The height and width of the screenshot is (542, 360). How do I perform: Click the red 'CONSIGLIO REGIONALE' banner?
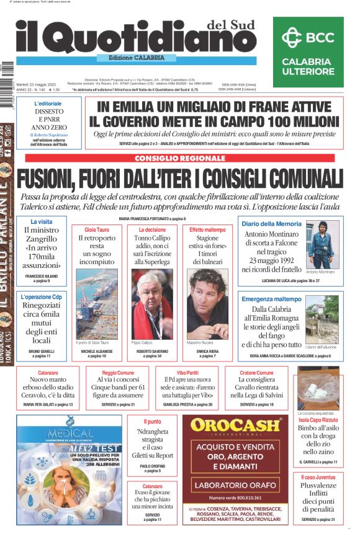[x=179, y=158]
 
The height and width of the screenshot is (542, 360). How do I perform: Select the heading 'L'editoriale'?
[x=48, y=104]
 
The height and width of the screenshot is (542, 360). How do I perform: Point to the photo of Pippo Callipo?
[x=153, y=303]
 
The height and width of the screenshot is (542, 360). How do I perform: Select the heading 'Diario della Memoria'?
[x=271, y=223]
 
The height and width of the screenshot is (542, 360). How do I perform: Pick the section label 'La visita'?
[x=42, y=221]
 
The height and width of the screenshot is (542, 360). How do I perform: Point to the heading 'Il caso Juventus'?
[x=318, y=477]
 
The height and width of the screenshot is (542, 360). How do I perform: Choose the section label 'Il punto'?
[x=152, y=422]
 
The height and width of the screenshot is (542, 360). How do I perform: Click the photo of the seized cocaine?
[x=318, y=388]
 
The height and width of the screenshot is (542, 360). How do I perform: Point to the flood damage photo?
[x=322, y=318]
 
